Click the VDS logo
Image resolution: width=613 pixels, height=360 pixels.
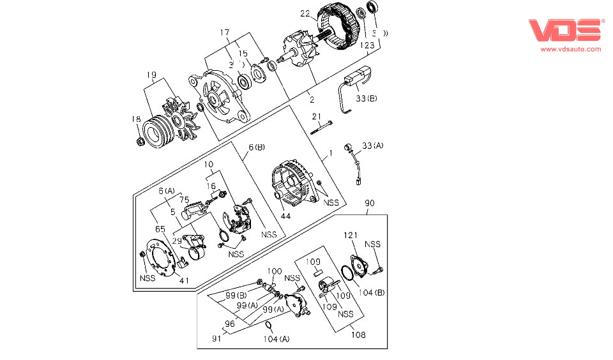click(x=566, y=31)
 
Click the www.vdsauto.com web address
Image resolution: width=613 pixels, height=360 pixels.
click(x=571, y=49)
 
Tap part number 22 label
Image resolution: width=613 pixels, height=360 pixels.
click(x=305, y=13)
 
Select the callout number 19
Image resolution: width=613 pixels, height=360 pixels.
click(x=151, y=75)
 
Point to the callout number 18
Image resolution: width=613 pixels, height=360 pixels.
click(x=136, y=119)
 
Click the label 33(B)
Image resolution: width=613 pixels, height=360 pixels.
click(x=367, y=98)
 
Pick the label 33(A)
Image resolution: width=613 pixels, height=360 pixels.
click(x=373, y=147)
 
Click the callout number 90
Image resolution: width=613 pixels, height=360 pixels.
click(x=370, y=203)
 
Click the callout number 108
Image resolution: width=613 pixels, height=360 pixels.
click(x=358, y=334)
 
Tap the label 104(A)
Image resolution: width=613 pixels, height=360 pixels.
click(x=275, y=339)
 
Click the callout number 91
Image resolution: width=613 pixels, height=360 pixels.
click(x=218, y=339)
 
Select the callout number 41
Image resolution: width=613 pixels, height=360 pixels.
click(x=184, y=280)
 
